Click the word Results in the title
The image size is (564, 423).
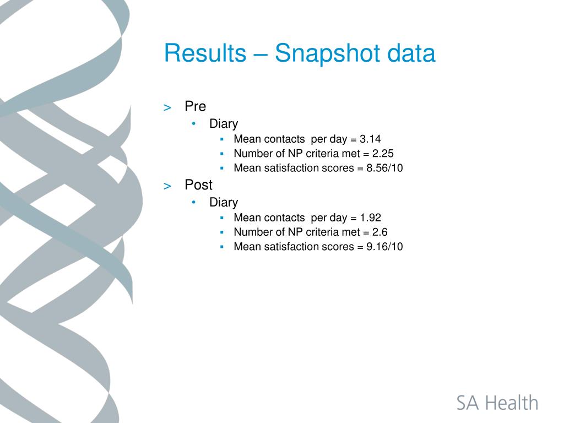click(205, 53)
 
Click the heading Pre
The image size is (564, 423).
click(196, 106)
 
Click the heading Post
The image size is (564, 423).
click(198, 185)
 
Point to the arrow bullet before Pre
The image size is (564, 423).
click(167, 107)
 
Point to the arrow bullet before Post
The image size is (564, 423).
click(167, 186)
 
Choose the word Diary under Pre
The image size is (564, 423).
click(224, 124)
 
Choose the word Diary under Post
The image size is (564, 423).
click(224, 203)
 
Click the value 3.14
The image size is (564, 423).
click(370, 139)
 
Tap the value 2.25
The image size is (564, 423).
click(383, 154)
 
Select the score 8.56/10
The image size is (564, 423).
click(384, 168)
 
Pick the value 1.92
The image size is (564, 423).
click(371, 218)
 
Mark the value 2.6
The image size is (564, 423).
click(380, 232)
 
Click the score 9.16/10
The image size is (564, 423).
click(384, 247)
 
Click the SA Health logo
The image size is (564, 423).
click(497, 403)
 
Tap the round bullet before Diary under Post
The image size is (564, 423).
click(194, 202)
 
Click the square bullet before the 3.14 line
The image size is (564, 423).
click(222, 139)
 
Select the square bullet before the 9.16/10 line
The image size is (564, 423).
click(222, 247)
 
